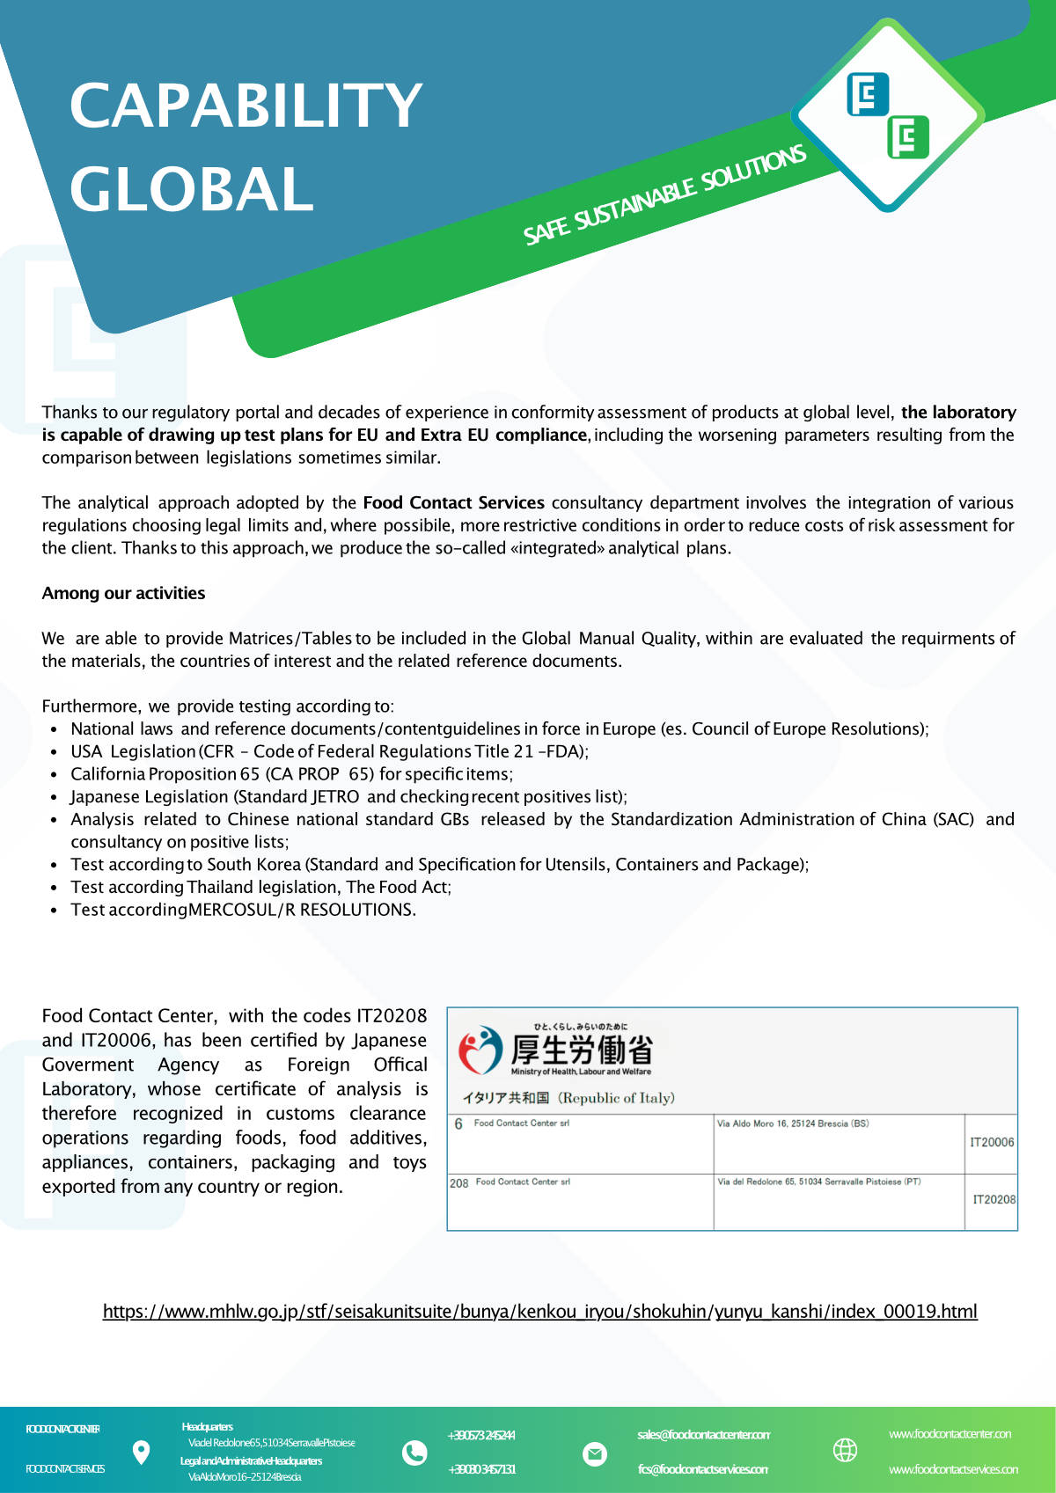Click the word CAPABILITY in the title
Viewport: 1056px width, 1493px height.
(246, 106)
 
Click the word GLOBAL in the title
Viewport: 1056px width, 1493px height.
(192, 190)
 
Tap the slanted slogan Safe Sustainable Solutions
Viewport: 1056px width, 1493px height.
(664, 195)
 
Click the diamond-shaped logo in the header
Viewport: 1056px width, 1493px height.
(887, 115)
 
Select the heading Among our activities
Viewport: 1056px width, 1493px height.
(123, 593)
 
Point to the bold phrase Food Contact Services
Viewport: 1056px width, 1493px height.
(453, 502)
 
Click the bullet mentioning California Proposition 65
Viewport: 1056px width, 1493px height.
(291, 774)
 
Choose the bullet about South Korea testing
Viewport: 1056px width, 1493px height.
(439, 864)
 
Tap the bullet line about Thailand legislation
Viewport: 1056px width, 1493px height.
(260, 887)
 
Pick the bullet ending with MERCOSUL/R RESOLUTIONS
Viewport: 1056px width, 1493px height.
(243, 910)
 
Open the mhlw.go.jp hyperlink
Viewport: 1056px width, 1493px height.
(539, 1312)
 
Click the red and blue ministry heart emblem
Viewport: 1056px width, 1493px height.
(480, 1050)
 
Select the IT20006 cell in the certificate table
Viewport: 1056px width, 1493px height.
(992, 1142)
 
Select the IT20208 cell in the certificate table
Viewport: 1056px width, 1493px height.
(994, 1199)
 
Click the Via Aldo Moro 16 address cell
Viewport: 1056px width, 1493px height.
(792, 1123)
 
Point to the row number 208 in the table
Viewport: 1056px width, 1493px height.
(458, 1183)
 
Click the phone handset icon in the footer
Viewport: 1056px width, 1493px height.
(414, 1452)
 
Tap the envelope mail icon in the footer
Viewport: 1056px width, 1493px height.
(595, 1454)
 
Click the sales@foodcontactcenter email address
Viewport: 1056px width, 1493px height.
(703, 1435)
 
